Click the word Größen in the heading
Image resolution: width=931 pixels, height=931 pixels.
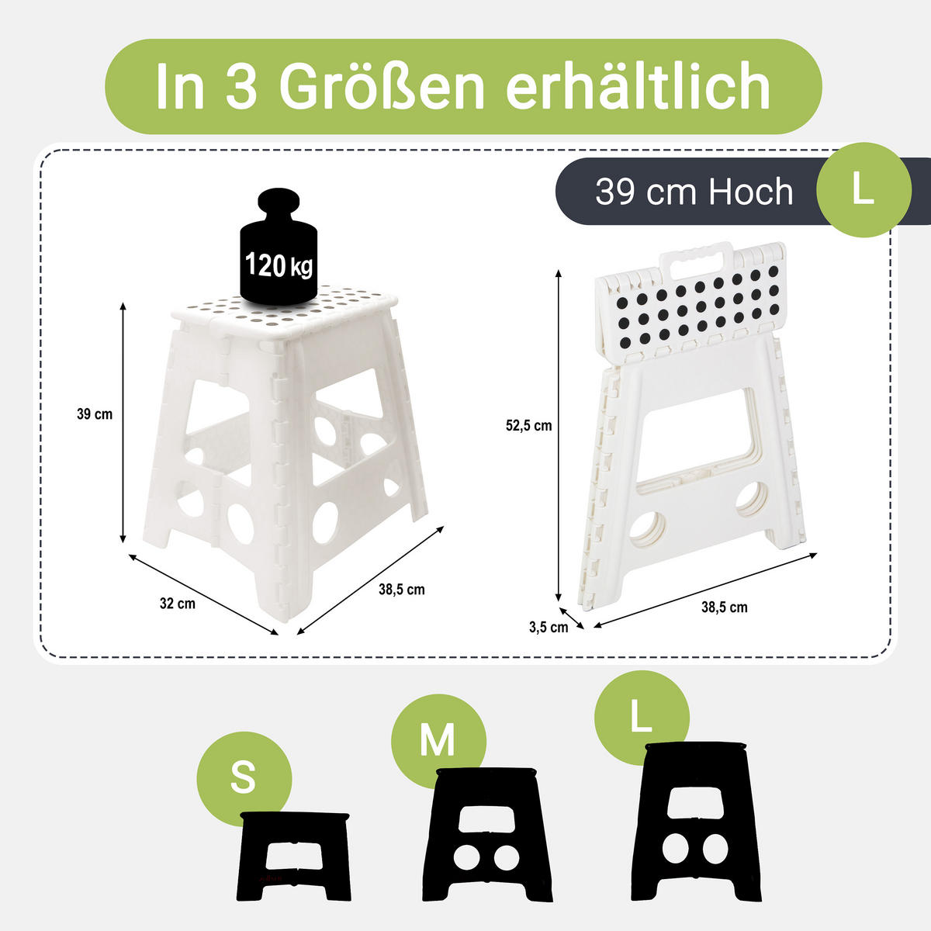tap(382, 87)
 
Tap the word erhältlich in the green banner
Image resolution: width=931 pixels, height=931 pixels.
tap(638, 86)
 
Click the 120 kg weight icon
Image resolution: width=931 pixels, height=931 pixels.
tap(279, 247)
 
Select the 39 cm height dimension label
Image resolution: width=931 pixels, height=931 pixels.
tap(95, 414)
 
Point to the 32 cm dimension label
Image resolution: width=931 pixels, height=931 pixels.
tap(178, 604)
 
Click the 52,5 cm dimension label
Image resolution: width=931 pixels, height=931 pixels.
tap(528, 426)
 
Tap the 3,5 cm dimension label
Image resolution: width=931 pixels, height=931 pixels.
tap(549, 627)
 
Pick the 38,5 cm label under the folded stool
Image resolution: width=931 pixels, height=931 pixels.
tap(724, 607)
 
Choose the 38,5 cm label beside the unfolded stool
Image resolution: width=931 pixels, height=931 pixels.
tap(401, 590)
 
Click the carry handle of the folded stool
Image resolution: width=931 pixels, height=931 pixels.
tap(696, 261)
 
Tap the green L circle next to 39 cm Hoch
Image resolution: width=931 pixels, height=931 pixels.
tap(864, 190)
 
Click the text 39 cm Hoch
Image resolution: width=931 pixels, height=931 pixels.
tap(694, 192)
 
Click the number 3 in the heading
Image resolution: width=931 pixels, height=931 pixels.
tap(241, 87)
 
